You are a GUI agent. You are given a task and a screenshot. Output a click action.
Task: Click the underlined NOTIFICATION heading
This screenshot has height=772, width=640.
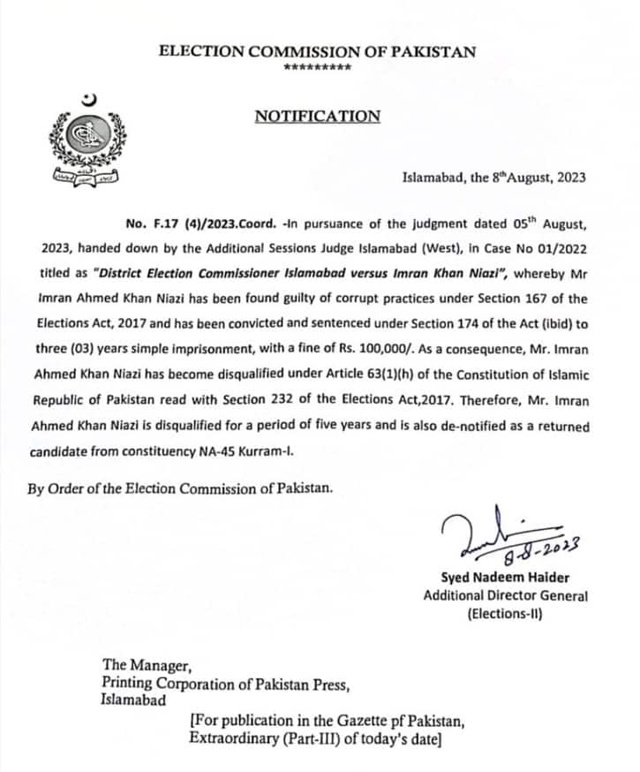pos(318,116)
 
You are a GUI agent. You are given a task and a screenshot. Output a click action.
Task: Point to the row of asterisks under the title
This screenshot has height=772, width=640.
pos(318,68)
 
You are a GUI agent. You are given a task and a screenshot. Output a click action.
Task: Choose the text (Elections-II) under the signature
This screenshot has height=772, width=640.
pos(505,613)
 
